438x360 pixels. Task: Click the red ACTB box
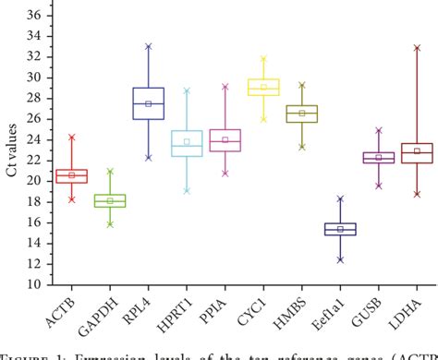tap(72, 175)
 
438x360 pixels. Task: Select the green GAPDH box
tap(110, 200)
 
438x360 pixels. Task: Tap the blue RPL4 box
tap(149, 103)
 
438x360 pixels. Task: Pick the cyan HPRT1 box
tap(188, 143)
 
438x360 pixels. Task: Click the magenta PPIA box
tap(225, 139)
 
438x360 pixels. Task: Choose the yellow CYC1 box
tap(264, 87)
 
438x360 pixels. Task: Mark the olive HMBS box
tap(302, 113)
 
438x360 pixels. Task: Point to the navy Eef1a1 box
tap(340, 229)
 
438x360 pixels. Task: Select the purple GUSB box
tap(378, 158)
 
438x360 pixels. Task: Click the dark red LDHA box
tap(417, 152)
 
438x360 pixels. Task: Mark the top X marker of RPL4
tap(149, 46)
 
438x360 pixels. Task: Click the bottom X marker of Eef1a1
tap(340, 259)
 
